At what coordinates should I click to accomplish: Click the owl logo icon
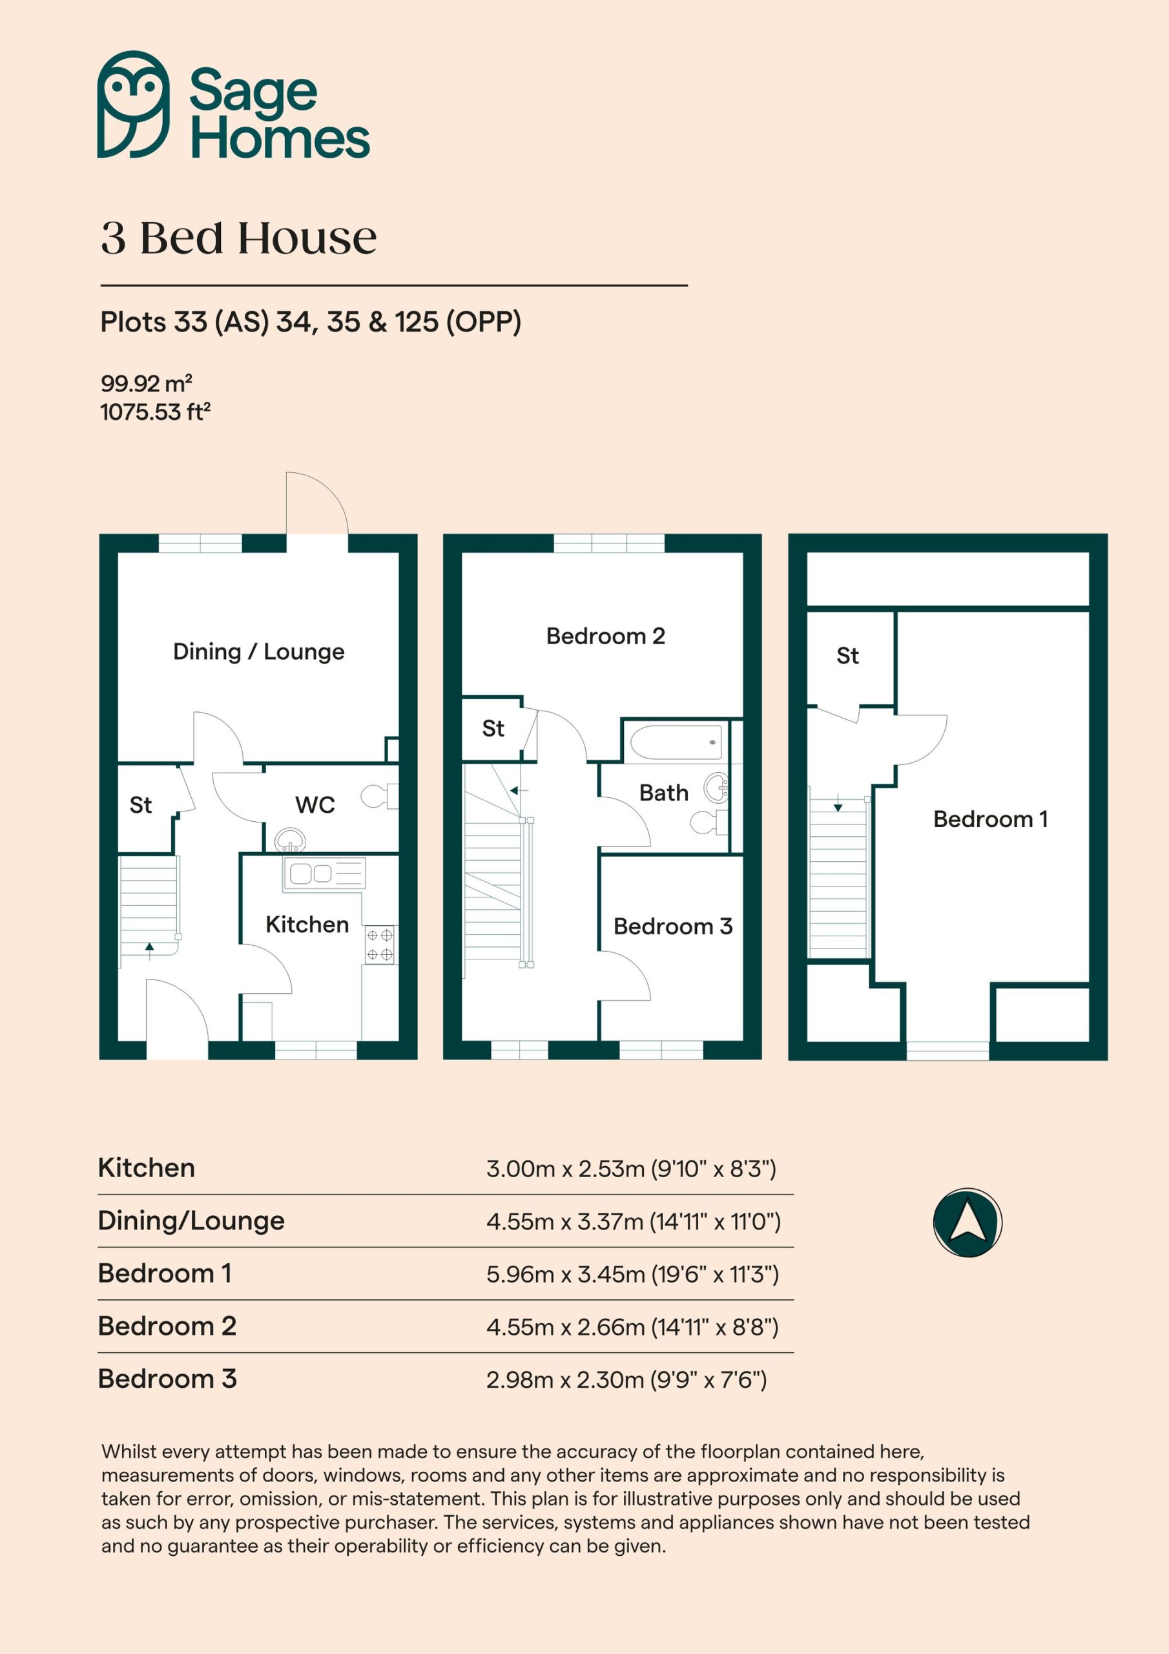133,105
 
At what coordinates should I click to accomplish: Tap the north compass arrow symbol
967,1222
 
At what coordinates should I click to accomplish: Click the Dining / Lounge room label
258,651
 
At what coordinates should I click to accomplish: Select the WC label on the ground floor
315,804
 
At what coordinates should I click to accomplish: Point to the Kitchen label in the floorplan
307,925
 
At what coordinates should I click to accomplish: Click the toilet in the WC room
380,796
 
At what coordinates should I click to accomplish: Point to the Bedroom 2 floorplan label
605,636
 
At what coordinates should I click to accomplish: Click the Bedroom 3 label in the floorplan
673,926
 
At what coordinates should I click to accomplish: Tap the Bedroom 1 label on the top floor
990,819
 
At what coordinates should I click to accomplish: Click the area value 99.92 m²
146,382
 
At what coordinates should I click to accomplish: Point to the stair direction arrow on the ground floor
150,952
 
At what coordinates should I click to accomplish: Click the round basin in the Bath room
717,788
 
